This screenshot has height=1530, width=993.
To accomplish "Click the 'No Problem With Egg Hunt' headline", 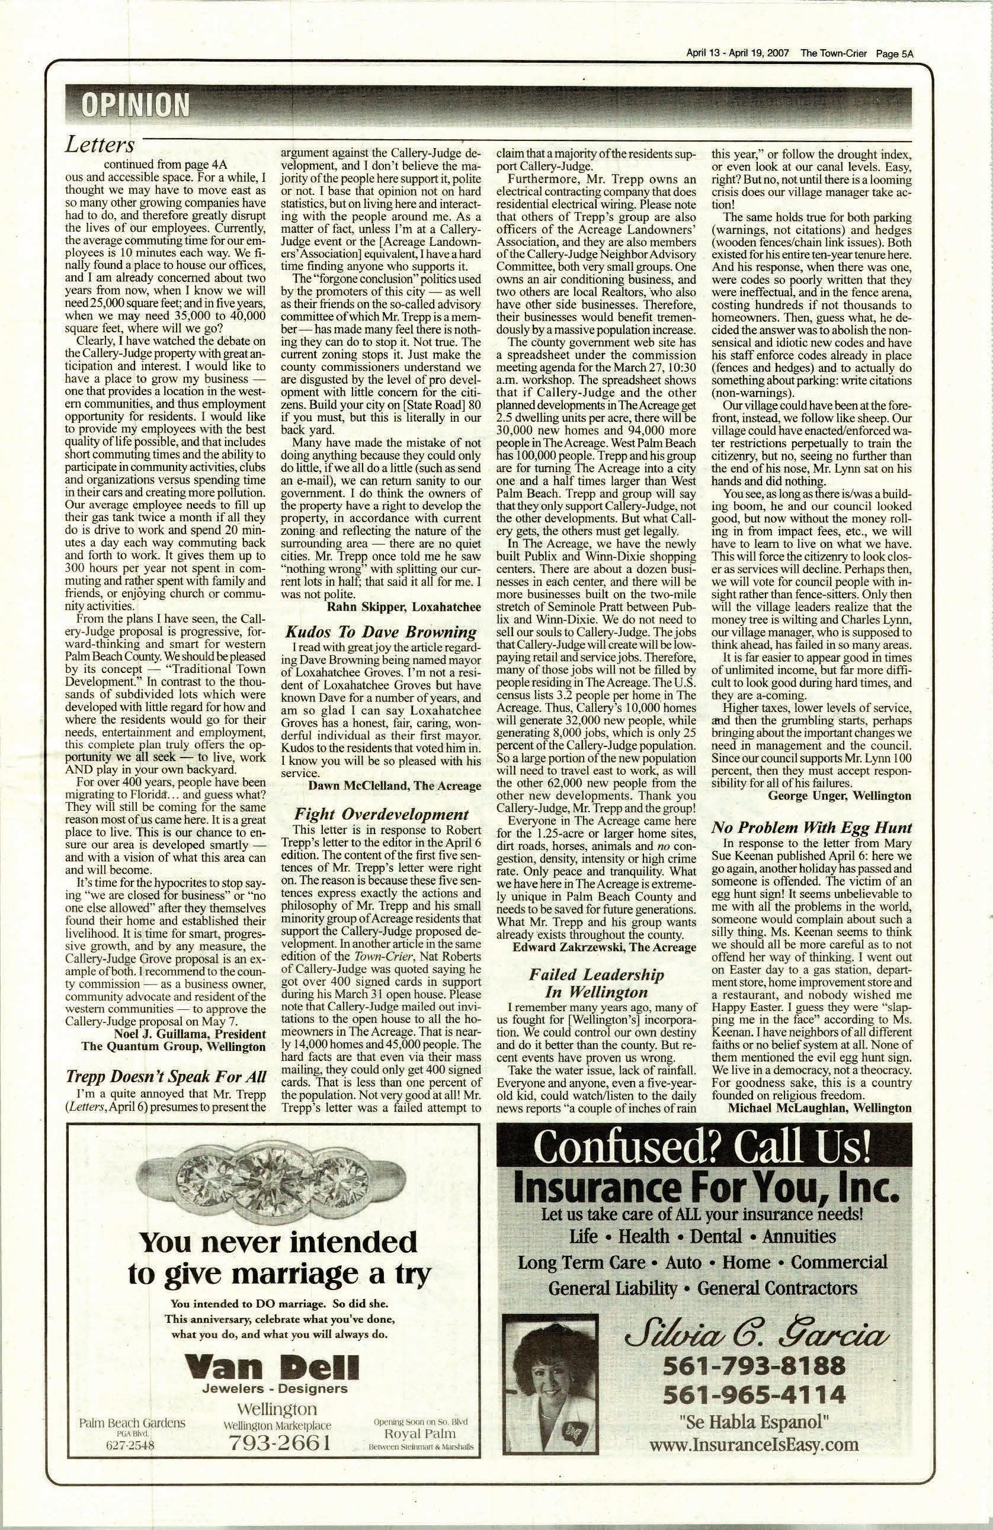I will pos(812,827).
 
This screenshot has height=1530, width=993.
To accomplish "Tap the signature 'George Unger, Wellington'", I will pos(840,796).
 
